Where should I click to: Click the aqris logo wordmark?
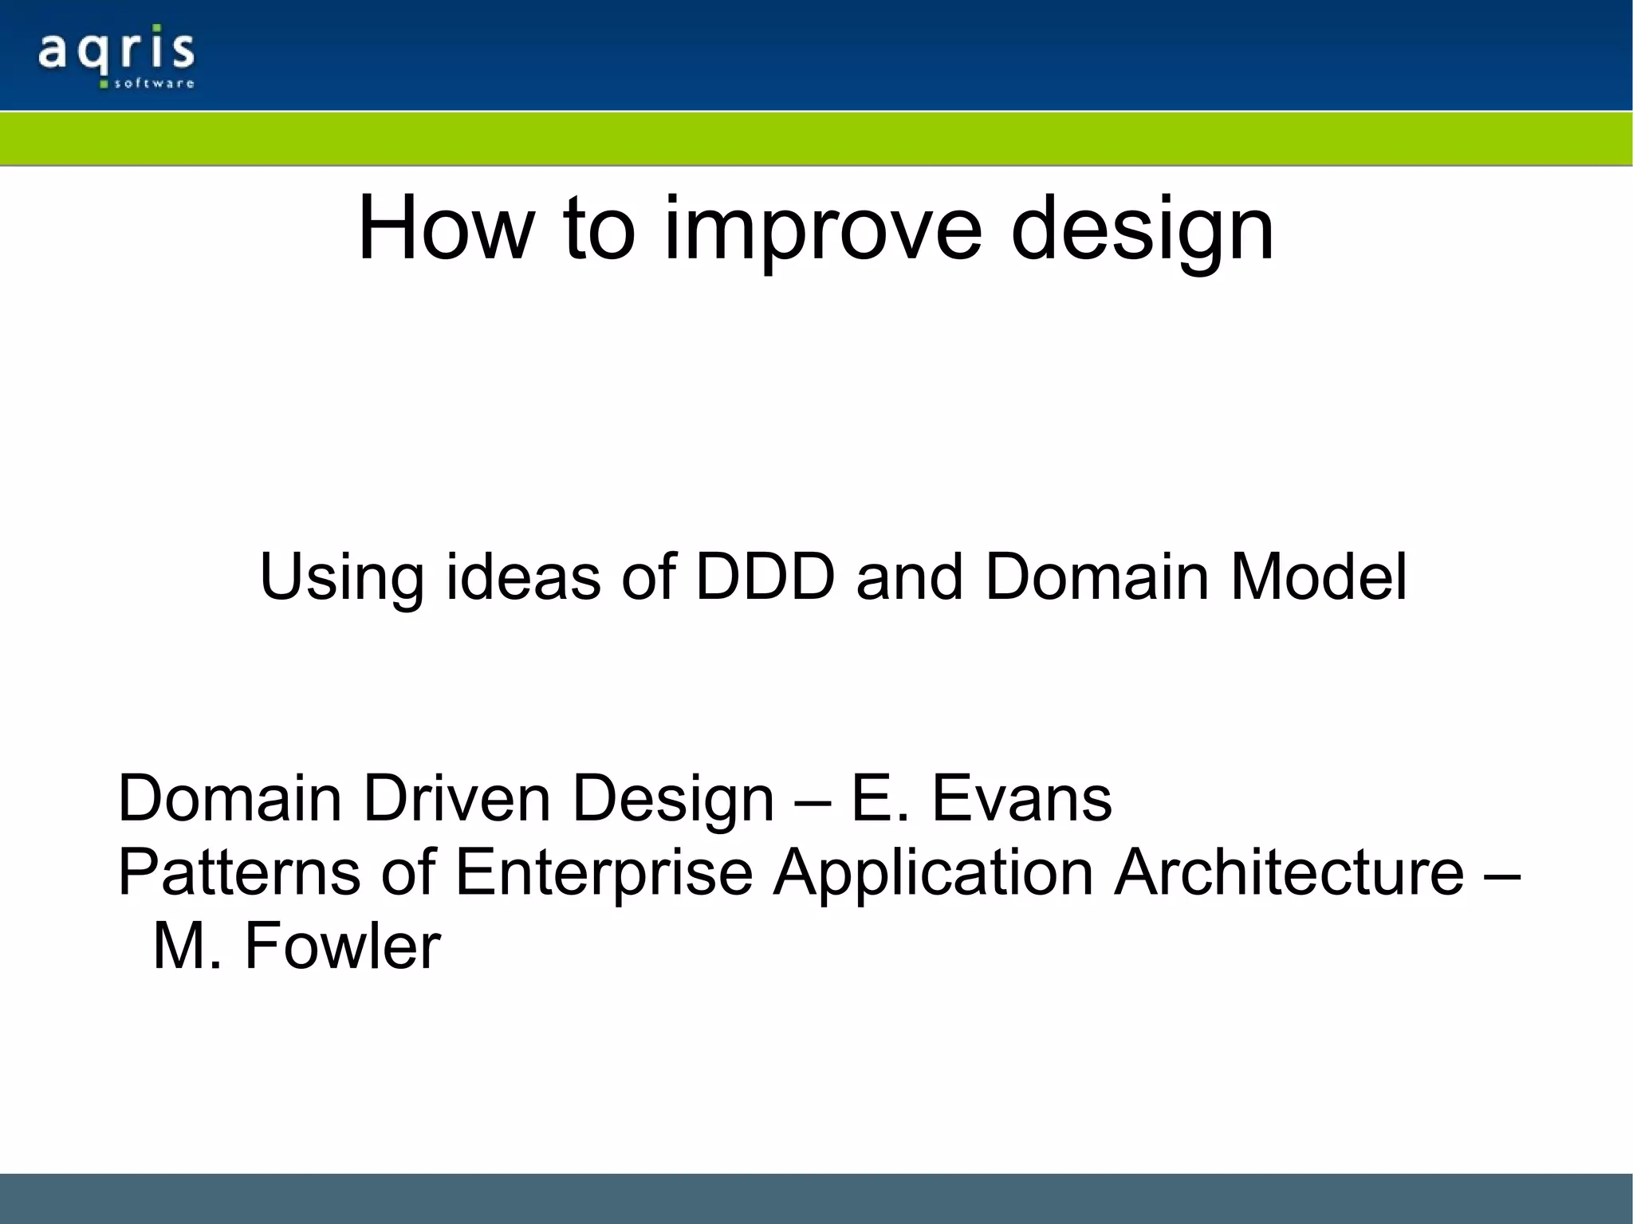coord(116,51)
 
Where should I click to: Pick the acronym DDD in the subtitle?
coord(765,576)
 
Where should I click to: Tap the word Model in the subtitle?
coord(1319,576)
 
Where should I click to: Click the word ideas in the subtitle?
coord(523,576)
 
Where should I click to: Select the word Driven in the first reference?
coord(456,798)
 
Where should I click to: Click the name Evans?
coord(1021,798)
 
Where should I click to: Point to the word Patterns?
coord(239,872)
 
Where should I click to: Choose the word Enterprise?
coord(604,872)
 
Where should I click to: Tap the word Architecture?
coord(1289,872)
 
